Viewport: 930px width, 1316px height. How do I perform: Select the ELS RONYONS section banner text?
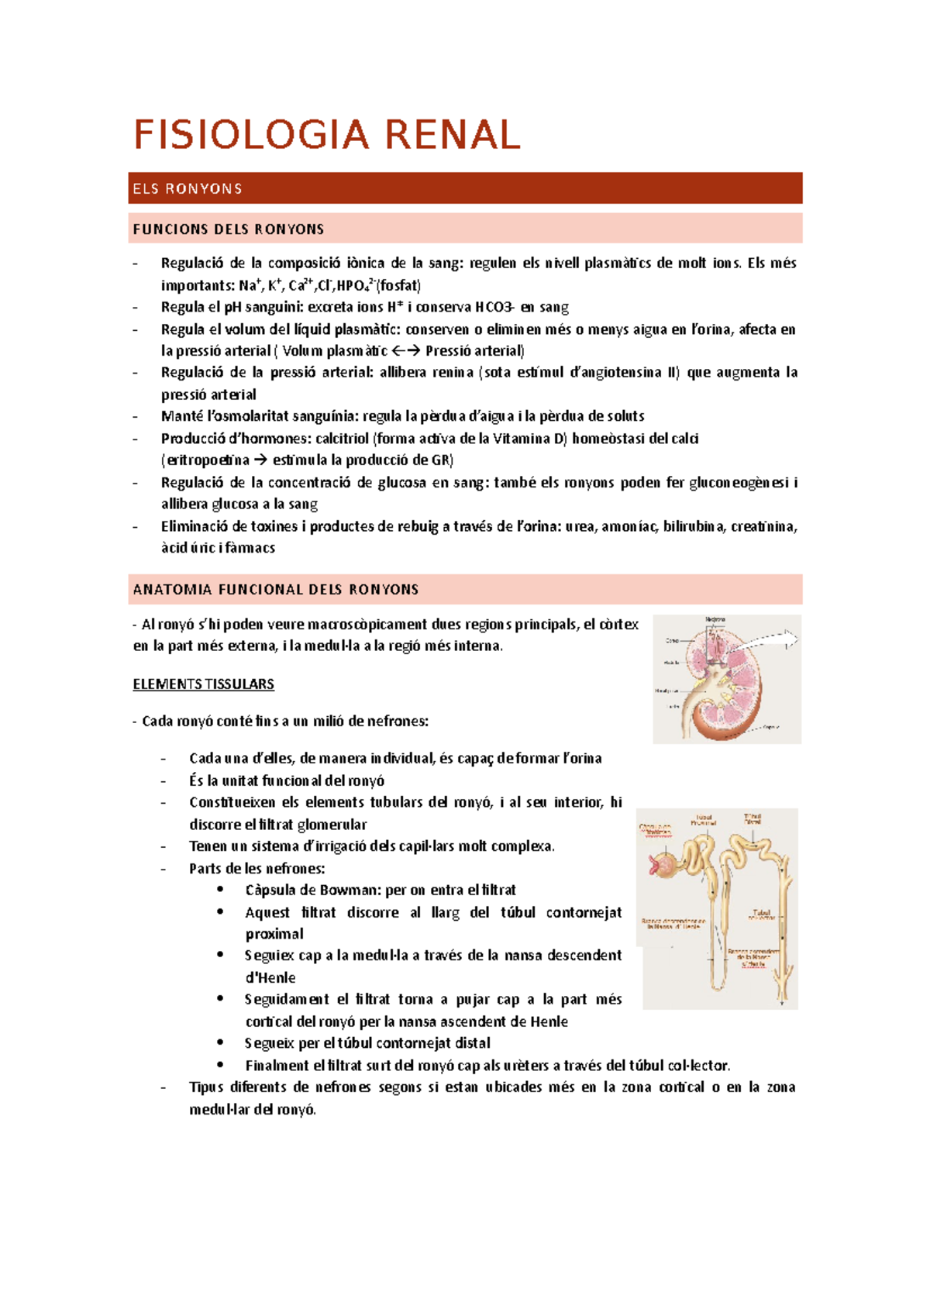pyautogui.click(x=188, y=189)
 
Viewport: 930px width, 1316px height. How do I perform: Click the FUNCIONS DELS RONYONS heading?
pyautogui.click(x=229, y=229)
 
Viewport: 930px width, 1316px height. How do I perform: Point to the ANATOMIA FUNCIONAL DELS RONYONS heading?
pyautogui.click(x=276, y=590)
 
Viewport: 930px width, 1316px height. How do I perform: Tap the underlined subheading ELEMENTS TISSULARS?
pyautogui.click(x=203, y=684)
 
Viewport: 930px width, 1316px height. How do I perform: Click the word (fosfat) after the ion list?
pyautogui.click(x=398, y=285)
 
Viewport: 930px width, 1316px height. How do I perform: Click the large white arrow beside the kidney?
pyautogui.click(x=771, y=639)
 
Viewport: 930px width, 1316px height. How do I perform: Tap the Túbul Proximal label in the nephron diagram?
pyautogui.click(x=703, y=820)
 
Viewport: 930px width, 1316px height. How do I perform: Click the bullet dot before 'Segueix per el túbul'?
pyautogui.click(x=221, y=1042)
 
